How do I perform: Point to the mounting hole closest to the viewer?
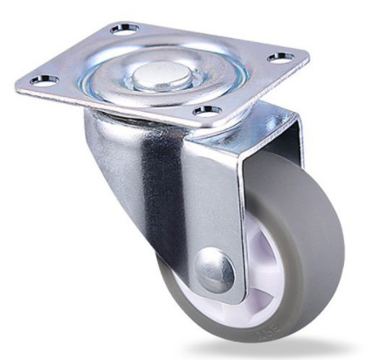pos(206,111)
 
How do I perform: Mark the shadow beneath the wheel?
pos(288,350)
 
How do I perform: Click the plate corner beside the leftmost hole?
pos(22,85)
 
